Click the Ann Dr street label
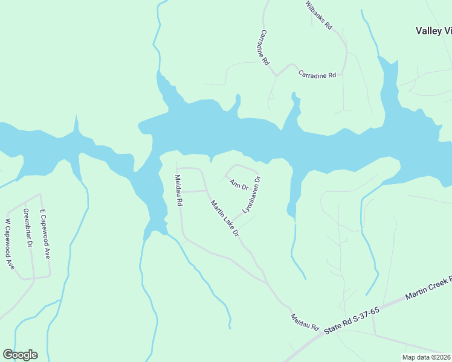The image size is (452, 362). [x=239, y=185]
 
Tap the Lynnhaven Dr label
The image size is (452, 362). [x=251, y=194]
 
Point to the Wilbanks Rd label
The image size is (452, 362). [x=319, y=14]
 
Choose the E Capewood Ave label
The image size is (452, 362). [x=45, y=234]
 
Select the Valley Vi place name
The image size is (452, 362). [x=434, y=31]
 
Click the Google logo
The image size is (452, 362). [x=20, y=355]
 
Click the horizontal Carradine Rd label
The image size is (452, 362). [x=317, y=75]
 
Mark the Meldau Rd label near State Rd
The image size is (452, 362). [x=305, y=322]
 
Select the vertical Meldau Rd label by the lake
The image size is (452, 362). [x=178, y=191]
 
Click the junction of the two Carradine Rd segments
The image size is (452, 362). [x=277, y=75]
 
